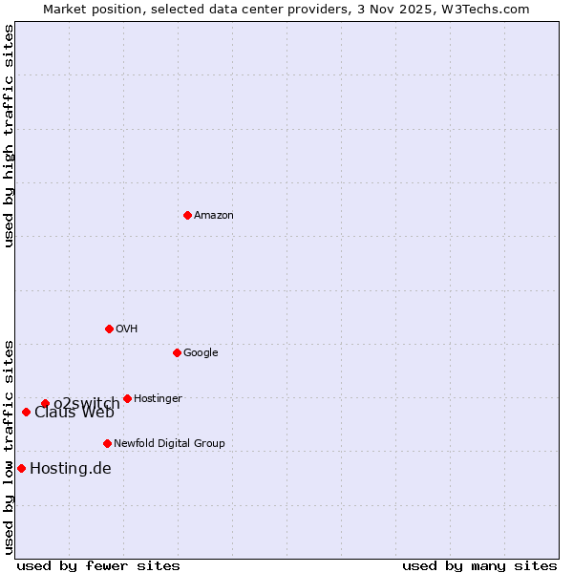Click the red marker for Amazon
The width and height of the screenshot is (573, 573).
[x=187, y=215]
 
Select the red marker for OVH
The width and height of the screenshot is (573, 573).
[x=109, y=329]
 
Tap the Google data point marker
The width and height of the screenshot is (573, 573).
[x=177, y=352]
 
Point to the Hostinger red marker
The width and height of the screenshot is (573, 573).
[x=127, y=398]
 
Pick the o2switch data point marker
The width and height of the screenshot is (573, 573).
[x=45, y=403]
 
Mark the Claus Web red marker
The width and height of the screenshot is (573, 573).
[x=26, y=412]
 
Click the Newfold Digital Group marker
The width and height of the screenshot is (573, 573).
[x=107, y=443]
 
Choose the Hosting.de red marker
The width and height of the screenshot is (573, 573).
[x=21, y=468]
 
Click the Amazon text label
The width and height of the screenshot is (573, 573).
[x=214, y=216]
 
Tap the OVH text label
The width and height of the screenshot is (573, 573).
[x=127, y=329]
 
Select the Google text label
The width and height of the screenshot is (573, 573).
[x=201, y=353]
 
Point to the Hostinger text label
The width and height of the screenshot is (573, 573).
[x=158, y=399]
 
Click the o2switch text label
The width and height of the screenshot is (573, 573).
[x=87, y=404]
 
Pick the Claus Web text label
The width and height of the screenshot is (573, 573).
[x=74, y=413]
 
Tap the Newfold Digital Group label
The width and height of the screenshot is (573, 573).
[x=169, y=444]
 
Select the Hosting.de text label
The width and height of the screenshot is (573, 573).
[x=71, y=469]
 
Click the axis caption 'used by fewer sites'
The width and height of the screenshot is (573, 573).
[x=98, y=566]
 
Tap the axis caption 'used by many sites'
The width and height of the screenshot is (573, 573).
[x=479, y=566]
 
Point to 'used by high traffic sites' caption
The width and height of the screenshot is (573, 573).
[x=9, y=136]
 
